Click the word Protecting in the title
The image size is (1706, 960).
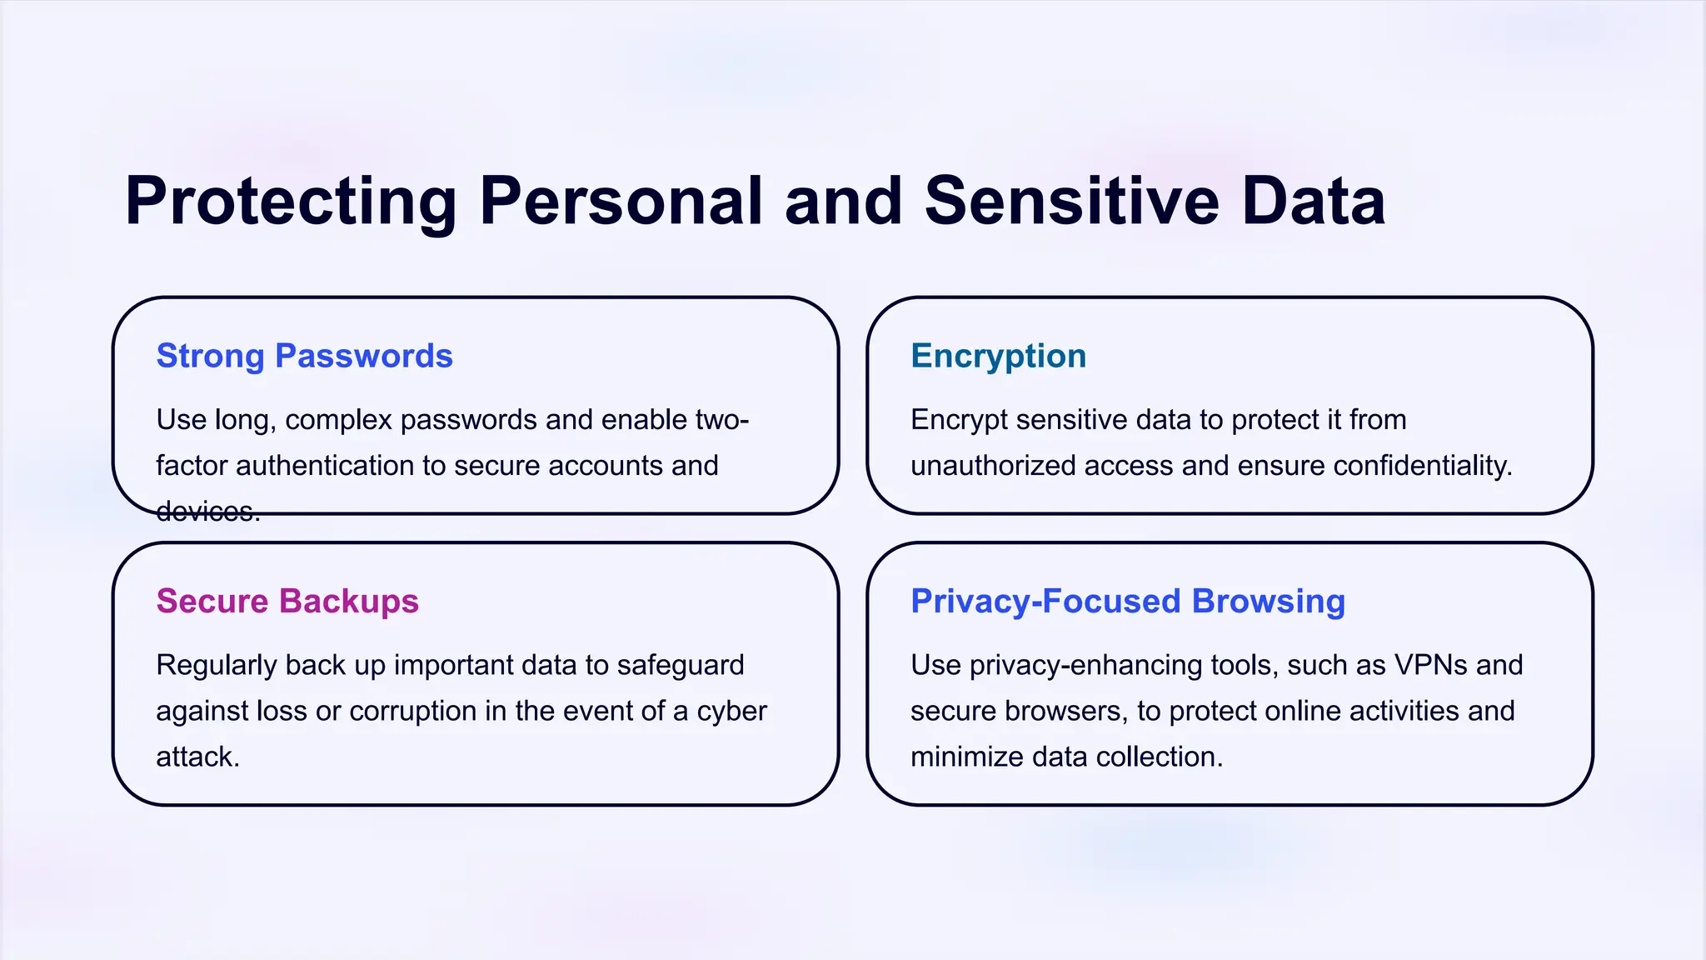pos(291,202)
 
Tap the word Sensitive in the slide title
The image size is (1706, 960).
pos(1072,202)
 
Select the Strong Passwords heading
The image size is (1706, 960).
pos(304,356)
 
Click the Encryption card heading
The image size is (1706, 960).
pos(998,356)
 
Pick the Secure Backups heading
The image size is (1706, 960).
pos(287,601)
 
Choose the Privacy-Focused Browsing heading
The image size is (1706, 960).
pos(1128,601)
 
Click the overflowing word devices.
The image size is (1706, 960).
pos(207,511)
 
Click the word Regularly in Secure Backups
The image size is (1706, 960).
pos(216,665)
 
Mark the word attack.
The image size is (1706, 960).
pos(197,757)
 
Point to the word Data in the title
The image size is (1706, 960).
pos(1314,202)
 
